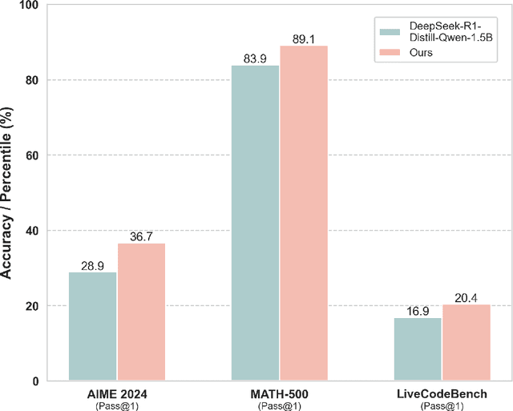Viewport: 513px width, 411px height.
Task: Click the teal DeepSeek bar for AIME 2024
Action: coord(93,326)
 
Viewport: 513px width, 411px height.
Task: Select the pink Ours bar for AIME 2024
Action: coord(141,312)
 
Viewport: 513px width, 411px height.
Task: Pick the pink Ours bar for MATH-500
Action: coord(304,213)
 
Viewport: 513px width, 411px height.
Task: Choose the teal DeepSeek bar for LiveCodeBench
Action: coord(418,349)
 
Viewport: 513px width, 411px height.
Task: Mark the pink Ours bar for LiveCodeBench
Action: coord(467,342)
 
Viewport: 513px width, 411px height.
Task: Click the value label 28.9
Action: coord(93,264)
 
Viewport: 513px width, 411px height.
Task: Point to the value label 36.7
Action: coord(141,236)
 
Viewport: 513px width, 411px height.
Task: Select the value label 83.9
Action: coord(256,58)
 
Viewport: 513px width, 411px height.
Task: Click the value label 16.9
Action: coord(418,310)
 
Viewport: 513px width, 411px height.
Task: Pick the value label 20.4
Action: coord(467,296)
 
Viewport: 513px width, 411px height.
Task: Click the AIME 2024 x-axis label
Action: coord(117,394)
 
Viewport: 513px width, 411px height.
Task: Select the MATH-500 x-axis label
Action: coord(280,394)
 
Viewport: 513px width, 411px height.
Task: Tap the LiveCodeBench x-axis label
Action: coord(442,394)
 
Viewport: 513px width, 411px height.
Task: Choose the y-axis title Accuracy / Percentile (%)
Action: coord(8,192)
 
